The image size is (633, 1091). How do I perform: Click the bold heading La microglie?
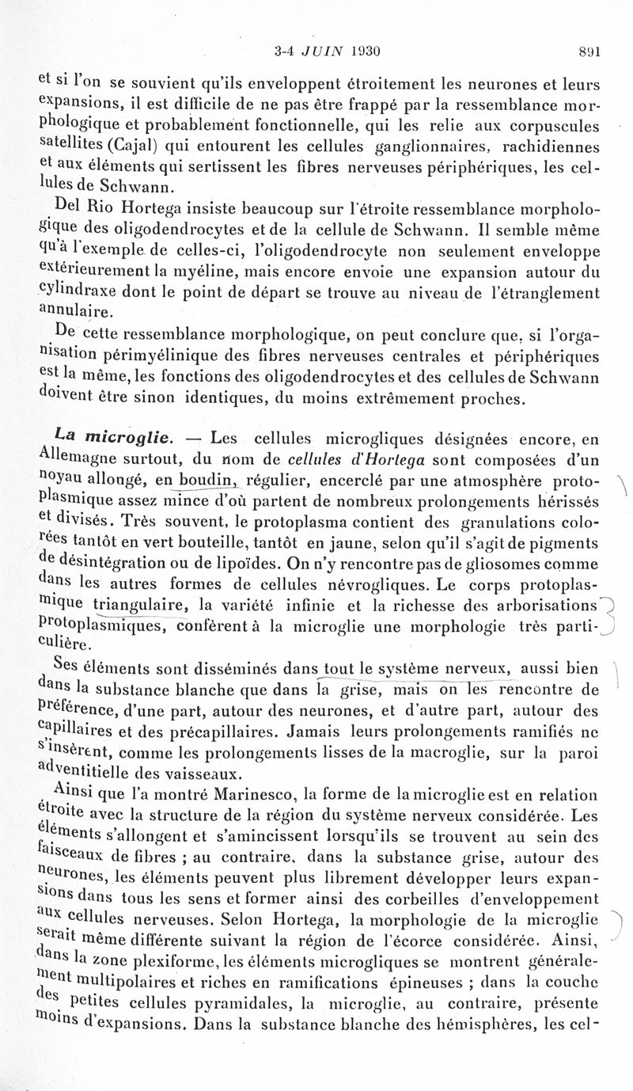click(x=108, y=435)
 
